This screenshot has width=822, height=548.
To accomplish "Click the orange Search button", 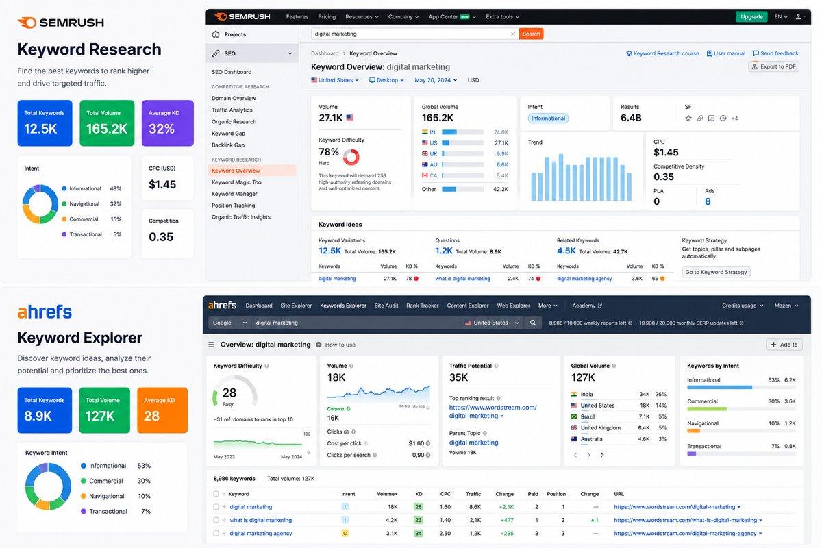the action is [531, 34].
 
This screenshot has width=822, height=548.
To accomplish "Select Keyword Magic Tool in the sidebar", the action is [237, 182].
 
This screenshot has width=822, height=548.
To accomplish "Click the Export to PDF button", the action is [773, 66].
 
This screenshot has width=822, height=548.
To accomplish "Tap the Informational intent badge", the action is [548, 119].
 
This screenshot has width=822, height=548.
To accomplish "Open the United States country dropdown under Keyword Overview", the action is [335, 80].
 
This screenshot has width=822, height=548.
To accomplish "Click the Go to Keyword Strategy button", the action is [716, 272].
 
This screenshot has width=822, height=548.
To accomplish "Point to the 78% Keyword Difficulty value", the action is [328, 151].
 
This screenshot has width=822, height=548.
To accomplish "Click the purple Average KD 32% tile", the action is [168, 123].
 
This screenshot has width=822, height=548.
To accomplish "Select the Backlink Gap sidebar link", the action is [228, 145].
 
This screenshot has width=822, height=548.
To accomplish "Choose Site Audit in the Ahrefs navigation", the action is [386, 306].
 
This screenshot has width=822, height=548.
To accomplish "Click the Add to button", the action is [784, 345].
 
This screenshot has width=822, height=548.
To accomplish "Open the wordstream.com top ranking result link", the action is [493, 412].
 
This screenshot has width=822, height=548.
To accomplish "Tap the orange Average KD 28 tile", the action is [162, 410].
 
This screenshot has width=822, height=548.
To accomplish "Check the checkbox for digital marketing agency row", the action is [216, 533].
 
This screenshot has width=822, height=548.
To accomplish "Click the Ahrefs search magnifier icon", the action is [533, 323].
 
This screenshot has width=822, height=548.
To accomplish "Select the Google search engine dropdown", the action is [229, 323].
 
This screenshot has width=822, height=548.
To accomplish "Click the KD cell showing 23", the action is [419, 520].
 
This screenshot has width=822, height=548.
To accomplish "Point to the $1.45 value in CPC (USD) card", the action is [162, 184].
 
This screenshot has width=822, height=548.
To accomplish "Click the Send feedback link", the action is [775, 53].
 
